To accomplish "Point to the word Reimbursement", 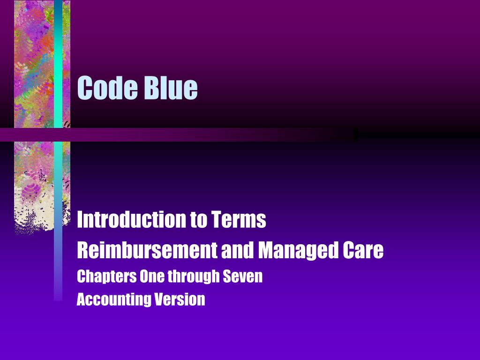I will (x=146, y=250).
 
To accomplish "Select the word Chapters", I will (x=106, y=277).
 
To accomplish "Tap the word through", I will (x=193, y=277).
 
